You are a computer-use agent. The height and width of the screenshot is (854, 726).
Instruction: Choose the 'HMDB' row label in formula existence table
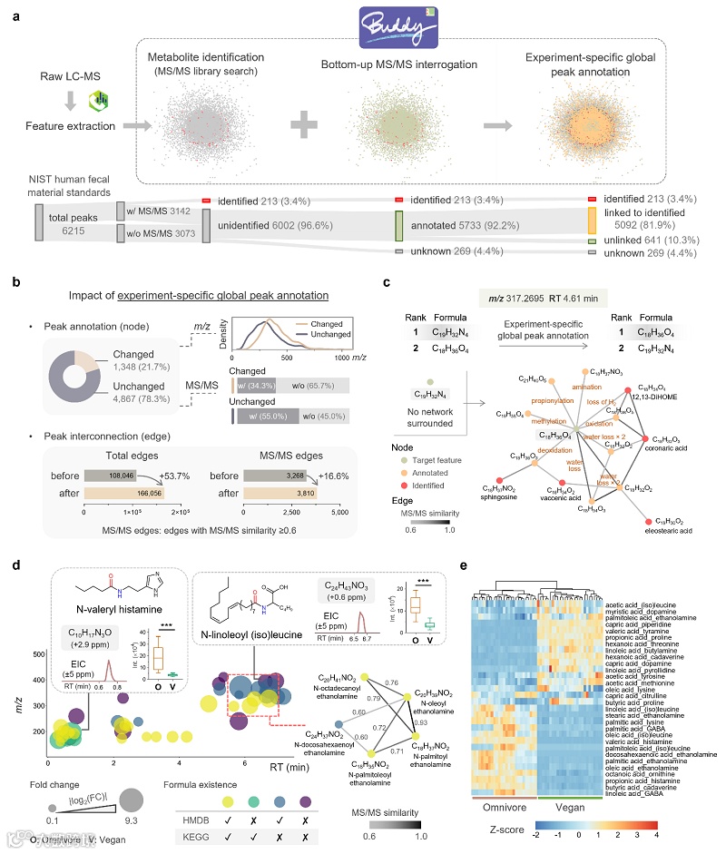(x=202, y=818)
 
